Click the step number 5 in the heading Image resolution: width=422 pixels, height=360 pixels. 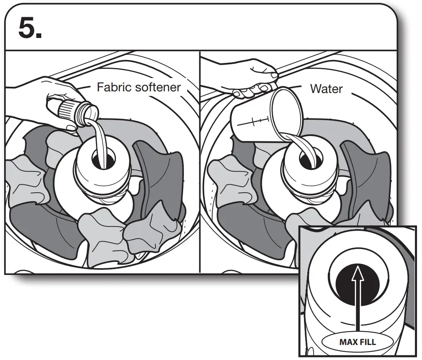[x=30, y=28]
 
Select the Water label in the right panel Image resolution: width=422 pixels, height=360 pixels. [x=326, y=89]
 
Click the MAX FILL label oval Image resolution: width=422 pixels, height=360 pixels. [x=357, y=342]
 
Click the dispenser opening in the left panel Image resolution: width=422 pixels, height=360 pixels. [x=102, y=160]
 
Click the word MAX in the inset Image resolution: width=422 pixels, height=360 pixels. [x=347, y=342]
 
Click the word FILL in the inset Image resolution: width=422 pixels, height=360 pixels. [x=368, y=342]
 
